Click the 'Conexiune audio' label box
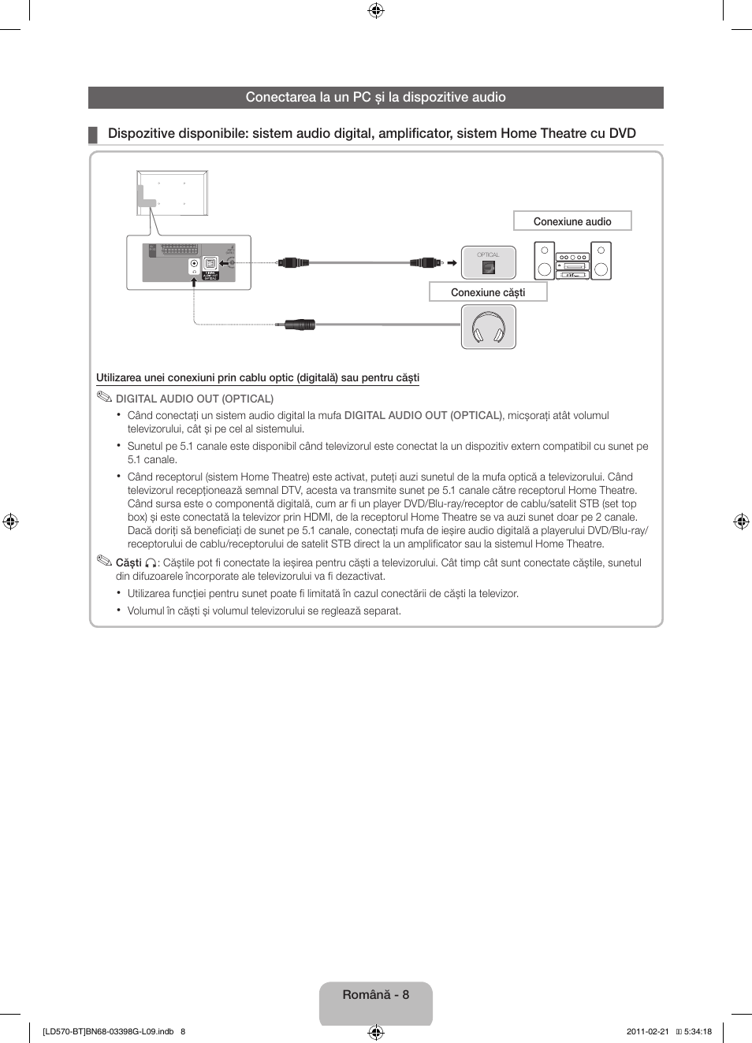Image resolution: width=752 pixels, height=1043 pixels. click(x=572, y=221)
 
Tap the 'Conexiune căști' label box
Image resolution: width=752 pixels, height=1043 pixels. click(x=488, y=292)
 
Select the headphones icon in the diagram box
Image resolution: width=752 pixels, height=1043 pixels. click(x=489, y=327)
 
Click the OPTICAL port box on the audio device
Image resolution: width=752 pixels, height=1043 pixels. click(x=489, y=263)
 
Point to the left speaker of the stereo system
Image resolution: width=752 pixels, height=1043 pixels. click(x=544, y=261)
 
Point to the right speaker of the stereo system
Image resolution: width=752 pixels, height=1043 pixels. click(x=601, y=261)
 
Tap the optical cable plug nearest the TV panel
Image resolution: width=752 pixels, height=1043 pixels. click(x=293, y=262)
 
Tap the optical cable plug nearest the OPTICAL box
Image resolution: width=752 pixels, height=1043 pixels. click(x=425, y=262)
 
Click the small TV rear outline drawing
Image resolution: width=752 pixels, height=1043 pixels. click(x=172, y=193)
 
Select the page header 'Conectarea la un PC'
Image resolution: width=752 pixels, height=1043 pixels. click(x=375, y=98)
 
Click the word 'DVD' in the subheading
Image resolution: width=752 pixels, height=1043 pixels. click(x=622, y=133)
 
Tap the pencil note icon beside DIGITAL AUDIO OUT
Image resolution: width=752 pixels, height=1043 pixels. click(x=105, y=397)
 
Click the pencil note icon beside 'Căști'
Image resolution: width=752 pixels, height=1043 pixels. click(x=105, y=561)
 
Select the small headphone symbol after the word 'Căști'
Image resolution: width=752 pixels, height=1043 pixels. click(x=151, y=563)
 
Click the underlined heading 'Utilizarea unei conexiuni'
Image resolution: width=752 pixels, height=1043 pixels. click(x=258, y=378)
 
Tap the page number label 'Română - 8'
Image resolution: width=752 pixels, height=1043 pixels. click(x=376, y=995)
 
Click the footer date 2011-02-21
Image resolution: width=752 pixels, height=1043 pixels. click(x=647, y=1031)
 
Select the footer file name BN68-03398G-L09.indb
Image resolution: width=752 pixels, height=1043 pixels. click(x=108, y=1031)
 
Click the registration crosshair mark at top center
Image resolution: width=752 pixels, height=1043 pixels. click(x=376, y=10)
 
